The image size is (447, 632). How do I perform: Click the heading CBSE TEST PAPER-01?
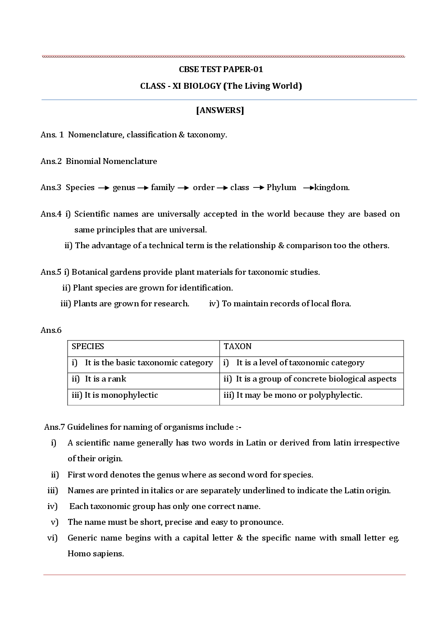[221, 69]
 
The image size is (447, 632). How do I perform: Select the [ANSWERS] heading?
[220, 110]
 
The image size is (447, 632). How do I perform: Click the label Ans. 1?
[52, 135]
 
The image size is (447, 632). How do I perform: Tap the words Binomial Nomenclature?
[111, 161]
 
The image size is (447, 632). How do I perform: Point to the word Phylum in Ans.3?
[281, 187]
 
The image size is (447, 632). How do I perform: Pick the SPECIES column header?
[88, 346]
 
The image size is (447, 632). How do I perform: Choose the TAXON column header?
[237, 346]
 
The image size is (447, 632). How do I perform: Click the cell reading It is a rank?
[105, 379]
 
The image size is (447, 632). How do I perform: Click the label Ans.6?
[51, 330]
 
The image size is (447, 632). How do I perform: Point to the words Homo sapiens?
[96, 554]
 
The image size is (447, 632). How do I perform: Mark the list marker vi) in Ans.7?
[52, 538]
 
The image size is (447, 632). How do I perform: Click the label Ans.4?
[51, 214]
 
